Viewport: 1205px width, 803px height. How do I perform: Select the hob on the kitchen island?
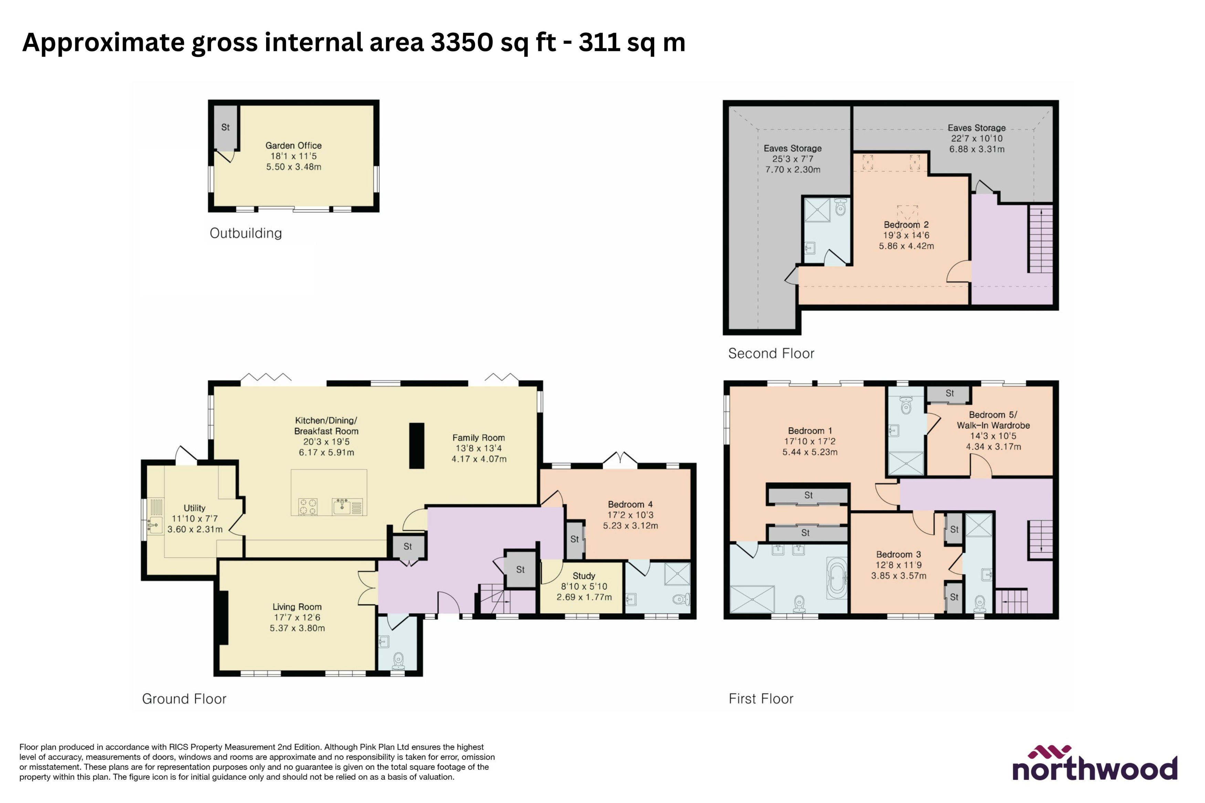coord(307,507)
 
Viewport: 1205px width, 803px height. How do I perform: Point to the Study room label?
coord(584,576)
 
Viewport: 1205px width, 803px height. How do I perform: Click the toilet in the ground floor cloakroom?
coord(398,661)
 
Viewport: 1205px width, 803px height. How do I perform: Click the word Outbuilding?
coord(245,234)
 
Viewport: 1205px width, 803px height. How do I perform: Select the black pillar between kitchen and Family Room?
coord(417,446)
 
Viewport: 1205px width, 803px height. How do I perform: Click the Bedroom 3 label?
coord(898,555)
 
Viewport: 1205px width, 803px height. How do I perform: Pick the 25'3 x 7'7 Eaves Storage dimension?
coord(792,159)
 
